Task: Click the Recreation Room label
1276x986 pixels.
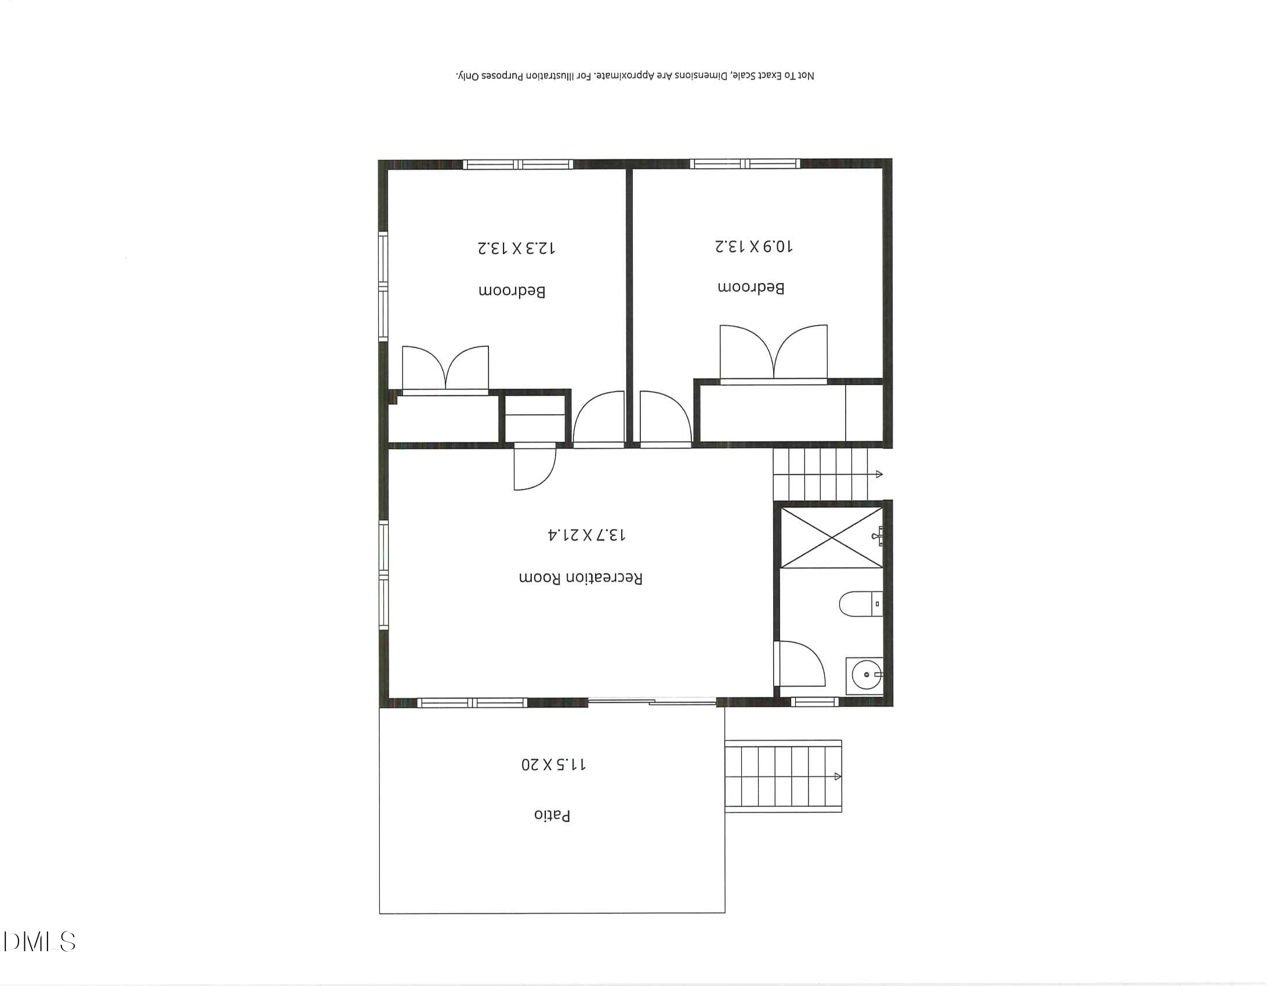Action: [580, 578]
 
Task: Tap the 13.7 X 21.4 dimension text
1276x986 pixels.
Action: [586, 535]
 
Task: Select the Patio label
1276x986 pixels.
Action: [552, 815]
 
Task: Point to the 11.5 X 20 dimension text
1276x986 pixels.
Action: [553, 764]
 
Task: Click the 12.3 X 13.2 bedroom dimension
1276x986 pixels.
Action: [516, 248]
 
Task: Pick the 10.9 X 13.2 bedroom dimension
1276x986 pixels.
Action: [753, 246]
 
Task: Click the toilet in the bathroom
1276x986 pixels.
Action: [860, 603]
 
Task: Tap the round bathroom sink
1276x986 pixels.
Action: [866, 675]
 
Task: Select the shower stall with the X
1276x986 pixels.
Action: [831, 538]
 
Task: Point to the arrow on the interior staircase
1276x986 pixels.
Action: [879, 474]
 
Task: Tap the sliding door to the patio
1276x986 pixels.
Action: [652, 702]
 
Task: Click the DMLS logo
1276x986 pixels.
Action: [39, 941]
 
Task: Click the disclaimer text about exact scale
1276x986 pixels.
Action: [635, 76]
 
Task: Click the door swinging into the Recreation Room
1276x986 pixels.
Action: [534, 467]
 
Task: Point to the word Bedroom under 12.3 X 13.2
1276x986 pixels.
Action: [512, 291]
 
